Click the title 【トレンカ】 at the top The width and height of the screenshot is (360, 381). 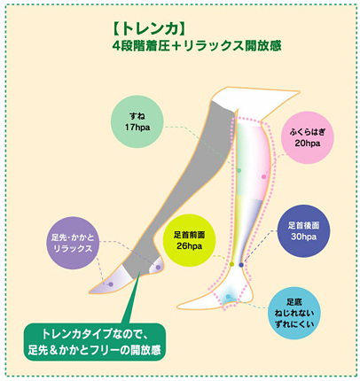click(x=149, y=29)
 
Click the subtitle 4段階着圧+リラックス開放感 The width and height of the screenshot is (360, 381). click(x=197, y=46)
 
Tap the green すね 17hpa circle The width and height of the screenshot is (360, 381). click(x=137, y=121)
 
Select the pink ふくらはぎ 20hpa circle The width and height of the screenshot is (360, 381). click(x=308, y=137)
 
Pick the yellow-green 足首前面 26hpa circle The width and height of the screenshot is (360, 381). click(x=190, y=240)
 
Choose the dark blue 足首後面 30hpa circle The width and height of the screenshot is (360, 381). click(x=303, y=231)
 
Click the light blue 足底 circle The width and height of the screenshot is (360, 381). click(x=294, y=313)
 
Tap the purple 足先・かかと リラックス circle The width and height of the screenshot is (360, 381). click(x=73, y=243)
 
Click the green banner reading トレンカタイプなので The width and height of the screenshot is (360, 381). click(x=94, y=342)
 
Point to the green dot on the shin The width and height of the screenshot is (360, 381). click(x=239, y=170)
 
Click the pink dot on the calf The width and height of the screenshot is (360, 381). click(x=264, y=176)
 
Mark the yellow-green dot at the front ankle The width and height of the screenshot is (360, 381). click(x=232, y=264)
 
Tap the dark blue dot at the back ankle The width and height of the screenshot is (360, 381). click(x=241, y=265)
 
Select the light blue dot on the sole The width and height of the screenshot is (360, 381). click(x=228, y=296)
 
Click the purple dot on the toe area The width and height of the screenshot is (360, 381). click(x=111, y=284)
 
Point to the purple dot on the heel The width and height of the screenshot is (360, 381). click(x=158, y=268)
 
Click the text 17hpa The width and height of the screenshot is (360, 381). click(x=137, y=128)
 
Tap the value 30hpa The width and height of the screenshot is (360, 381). click(x=303, y=237)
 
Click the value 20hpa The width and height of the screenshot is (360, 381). click(x=308, y=144)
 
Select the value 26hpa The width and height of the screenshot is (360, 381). click(x=190, y=245)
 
